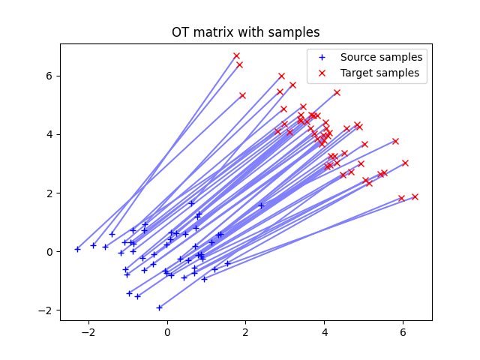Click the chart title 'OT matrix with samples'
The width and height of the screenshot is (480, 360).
(x=246, y=32)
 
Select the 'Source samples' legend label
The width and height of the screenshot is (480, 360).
(x=381, y=57)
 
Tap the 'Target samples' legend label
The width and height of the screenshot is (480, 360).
(x=379, y=73)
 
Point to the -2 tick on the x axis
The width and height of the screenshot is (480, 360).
(x=88, y=331)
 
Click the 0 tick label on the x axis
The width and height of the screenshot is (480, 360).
(x=167, y=331)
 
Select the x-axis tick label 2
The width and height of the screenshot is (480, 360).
(x=246, y=331)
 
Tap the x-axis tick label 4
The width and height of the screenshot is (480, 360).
(x=324, y=331)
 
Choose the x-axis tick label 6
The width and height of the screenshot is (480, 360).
(x=403, y=331)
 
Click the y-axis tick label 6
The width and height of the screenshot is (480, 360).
(x=49, y=76)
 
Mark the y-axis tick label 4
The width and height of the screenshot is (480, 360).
(x=49, y=134)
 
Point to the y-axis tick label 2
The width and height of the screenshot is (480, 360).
(x=49, y=193)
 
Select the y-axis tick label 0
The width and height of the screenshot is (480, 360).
(x=49, y=251)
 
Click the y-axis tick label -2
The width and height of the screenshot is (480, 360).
(x=46, y=310)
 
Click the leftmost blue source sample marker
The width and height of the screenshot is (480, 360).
(x=77, y=249)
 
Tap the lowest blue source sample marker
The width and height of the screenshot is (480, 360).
(x=159, y=307)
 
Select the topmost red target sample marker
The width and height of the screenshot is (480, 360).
(x=236, y=55)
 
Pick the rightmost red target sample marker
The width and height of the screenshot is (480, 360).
(x=415, y=196)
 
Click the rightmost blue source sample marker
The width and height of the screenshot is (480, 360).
(x=261, y=205)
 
